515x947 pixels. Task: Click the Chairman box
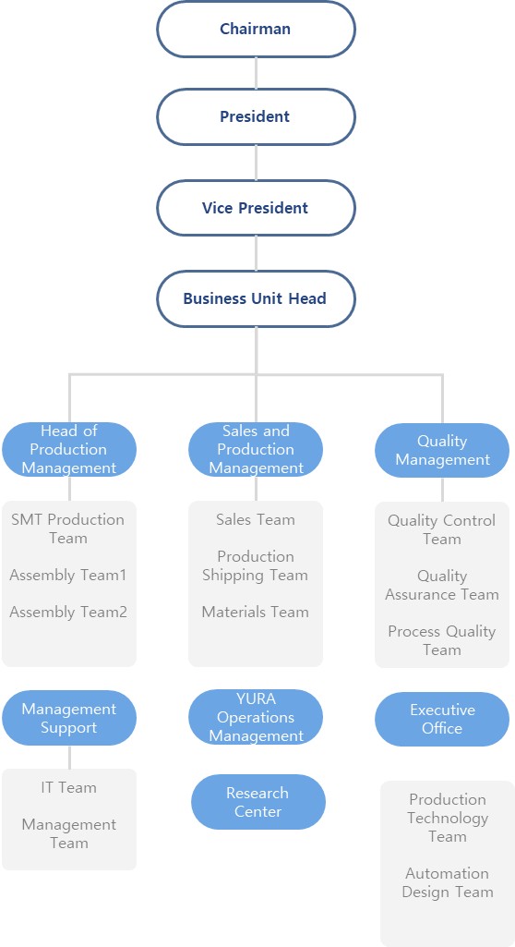[256, 29]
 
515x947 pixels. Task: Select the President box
[256, 116]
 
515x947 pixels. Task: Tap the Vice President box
[256, 208]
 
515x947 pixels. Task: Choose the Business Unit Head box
[256, 298]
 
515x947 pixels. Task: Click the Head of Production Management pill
[68, 449]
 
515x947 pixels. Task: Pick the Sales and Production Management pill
[256, 449]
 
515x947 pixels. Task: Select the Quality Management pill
[442, 451]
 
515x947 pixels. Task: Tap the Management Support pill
[68, 718]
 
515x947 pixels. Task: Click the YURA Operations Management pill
[256, 718]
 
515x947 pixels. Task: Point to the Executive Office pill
[442, 719]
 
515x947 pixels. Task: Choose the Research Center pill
[258, 802]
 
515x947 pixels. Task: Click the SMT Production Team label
[67, 528]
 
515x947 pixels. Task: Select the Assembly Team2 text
[68, 612]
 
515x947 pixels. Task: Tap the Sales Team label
[256, 519]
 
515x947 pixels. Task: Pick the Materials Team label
[255, 612]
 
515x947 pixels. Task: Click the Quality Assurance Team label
[442, 585]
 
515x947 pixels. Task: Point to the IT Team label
[68, 787]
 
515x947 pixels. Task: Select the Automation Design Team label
[448, 882]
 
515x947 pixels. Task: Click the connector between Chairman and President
[256, 73]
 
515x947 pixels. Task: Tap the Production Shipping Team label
[256, 565]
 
